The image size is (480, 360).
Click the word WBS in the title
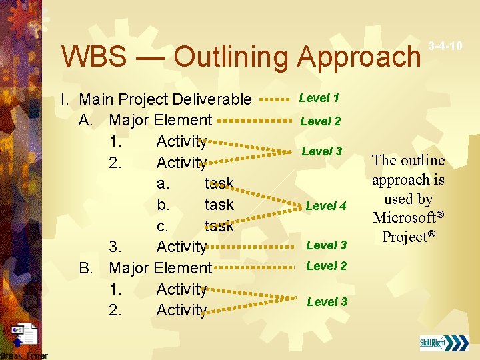[x=93, y=57]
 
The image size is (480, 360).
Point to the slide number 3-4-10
[x=446, y=46]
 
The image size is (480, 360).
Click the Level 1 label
[x=319, y=98]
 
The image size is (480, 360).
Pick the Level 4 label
[x=326, y=206]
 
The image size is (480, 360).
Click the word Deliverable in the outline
[x=212, y=100]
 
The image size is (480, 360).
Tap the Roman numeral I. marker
[x=65, y=100]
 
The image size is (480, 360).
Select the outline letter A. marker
[x=85, y=121]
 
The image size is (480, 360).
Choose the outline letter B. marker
[x=85, y=268]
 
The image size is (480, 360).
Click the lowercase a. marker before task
[x=163, y=183]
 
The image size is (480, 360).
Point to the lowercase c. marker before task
[x=163, y=226]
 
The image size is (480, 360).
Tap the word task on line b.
[x=219, y=205]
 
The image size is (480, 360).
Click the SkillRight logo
[x=443, y=343]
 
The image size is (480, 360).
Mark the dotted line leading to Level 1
[x=273, y=99]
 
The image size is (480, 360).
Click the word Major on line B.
[x=129, y=268]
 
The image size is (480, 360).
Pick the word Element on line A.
[x=183, y=121]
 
